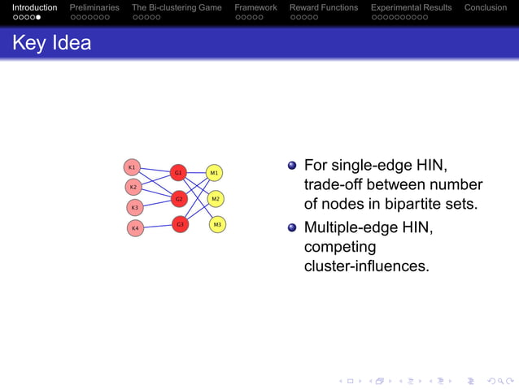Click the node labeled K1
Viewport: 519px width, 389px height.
(x=132, y=166)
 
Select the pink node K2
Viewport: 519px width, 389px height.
(x=133, y=187)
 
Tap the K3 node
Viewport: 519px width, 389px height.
(x=135, y=207)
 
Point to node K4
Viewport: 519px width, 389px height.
(x=136, y=228)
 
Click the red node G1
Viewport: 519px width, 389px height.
(x=178, y=172)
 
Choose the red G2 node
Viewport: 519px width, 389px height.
(x=180, y=198)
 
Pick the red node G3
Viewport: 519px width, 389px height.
(x=180, y=223)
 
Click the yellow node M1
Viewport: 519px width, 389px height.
(x=214, y=172)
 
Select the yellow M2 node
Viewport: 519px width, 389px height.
(x=216, y=198)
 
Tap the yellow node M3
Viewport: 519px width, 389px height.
(x=217, y=223)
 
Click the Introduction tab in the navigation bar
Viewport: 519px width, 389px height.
(x=35, y=7)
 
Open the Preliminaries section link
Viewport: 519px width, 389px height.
(x=94, y=7)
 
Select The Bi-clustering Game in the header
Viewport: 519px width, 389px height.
(x=177, y=7)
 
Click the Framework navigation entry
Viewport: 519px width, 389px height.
(x=255, y=7)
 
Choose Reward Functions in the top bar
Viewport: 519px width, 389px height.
(x=324, y=7)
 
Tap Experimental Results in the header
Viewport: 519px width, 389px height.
(x=411, y=7)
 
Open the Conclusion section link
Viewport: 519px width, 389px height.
(x=486, y=7)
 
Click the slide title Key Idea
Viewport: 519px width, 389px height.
(x=51, y=43)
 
